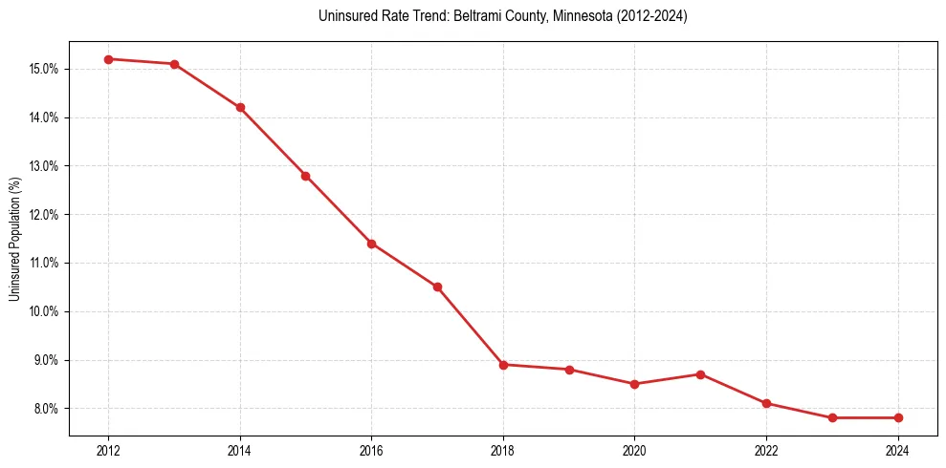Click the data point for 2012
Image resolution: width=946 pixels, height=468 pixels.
pos(108,59)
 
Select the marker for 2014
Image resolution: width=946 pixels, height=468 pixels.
pos(240,107)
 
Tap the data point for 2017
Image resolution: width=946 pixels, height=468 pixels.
pos(437,287)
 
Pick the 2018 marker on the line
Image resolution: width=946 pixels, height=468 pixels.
pos(503,364)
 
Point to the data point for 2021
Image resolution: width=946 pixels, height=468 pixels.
pos(700,374)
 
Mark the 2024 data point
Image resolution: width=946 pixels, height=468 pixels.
pos(898,417)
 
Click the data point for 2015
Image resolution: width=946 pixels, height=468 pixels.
pos(305,176)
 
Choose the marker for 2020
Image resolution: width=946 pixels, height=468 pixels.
pos(634,384)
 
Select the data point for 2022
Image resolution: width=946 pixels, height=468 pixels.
pos(766,403)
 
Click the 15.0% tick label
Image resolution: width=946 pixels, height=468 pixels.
pos(46,69)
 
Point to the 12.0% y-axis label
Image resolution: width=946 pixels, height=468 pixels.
pos(46,215)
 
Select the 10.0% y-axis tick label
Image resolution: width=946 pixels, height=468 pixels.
pos(46,311)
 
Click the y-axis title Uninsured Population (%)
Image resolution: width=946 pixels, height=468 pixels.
pos(14,239)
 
